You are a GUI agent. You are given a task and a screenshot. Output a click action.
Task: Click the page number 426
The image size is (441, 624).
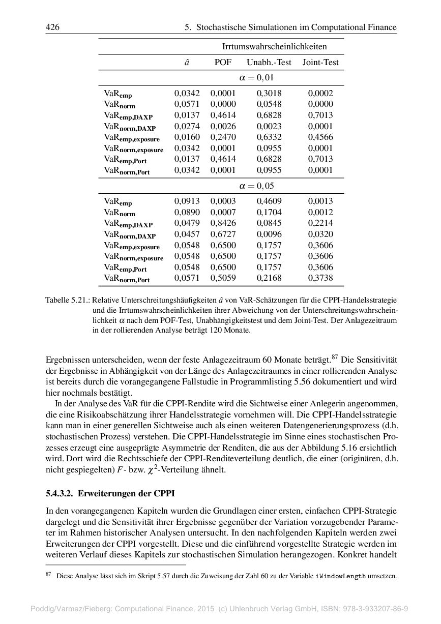point(52,27)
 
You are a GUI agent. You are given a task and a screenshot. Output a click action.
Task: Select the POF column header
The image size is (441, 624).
point(223,63)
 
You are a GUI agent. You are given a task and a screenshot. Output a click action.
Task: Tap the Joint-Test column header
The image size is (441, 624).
point(320,63)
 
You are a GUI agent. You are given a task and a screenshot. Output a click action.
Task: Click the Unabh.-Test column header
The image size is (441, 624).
point(269,63)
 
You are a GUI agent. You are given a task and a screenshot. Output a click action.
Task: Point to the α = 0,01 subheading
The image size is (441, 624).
point(256,78)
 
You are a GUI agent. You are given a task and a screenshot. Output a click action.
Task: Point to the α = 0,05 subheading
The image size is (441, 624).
point(256,186)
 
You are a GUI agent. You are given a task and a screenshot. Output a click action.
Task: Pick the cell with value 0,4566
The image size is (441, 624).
point(320,137)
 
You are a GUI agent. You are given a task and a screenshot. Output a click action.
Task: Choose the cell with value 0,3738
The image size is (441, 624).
point(320,278)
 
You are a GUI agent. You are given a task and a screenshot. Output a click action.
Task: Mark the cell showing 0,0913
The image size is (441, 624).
point(187,201)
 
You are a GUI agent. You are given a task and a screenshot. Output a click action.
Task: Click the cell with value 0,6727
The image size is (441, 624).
point(223,234)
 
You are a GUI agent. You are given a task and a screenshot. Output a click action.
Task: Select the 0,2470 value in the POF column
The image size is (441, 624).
point(223,137)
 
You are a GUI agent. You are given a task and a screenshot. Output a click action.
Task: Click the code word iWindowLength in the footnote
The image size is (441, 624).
point(340,576)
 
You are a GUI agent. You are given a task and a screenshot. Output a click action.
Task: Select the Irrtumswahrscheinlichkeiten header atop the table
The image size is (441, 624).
point(274,47)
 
